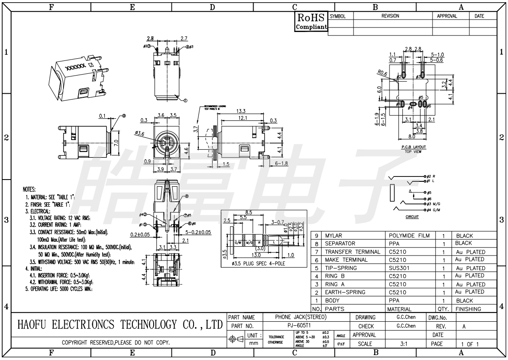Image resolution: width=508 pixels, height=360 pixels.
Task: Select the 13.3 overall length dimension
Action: pos(242,111)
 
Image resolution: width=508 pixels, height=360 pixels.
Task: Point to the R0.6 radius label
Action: pos(382,74)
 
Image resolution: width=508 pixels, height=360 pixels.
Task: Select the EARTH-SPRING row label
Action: pos(345,292)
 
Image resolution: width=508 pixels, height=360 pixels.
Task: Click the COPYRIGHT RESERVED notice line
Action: pos(116,343)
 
